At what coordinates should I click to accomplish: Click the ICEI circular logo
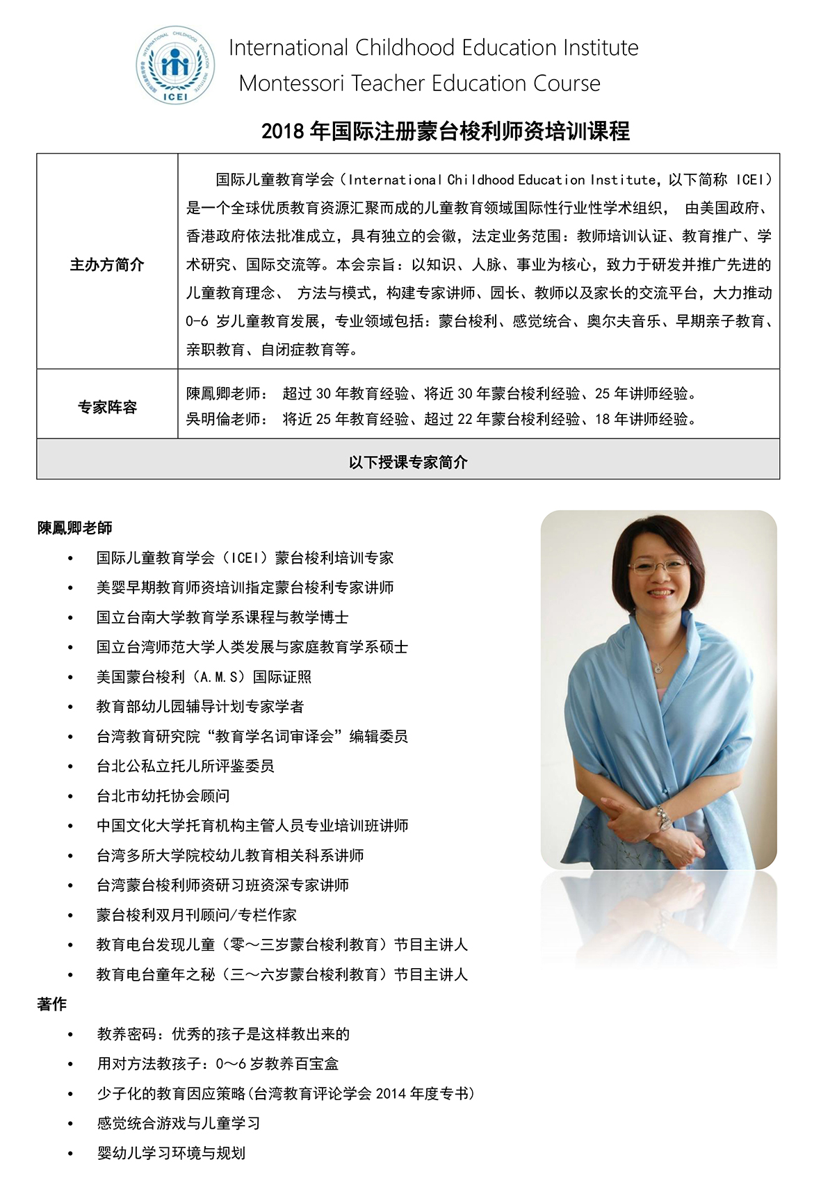175,66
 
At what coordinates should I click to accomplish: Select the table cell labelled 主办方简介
107,265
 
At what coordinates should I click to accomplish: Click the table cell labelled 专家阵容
107,407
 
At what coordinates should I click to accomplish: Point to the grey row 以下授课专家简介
408,462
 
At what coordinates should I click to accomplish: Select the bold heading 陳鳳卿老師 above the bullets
75,528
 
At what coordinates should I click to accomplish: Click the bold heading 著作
52,1004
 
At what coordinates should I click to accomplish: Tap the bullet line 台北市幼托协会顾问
163,796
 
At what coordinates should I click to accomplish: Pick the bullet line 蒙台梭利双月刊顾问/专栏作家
197,915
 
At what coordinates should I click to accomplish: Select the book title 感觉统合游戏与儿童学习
179,1123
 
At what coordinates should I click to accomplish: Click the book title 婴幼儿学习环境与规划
171,1153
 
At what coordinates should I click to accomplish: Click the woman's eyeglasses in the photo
661,565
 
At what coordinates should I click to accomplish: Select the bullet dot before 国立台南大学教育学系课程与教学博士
70,618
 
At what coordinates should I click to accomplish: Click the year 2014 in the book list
391,1094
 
